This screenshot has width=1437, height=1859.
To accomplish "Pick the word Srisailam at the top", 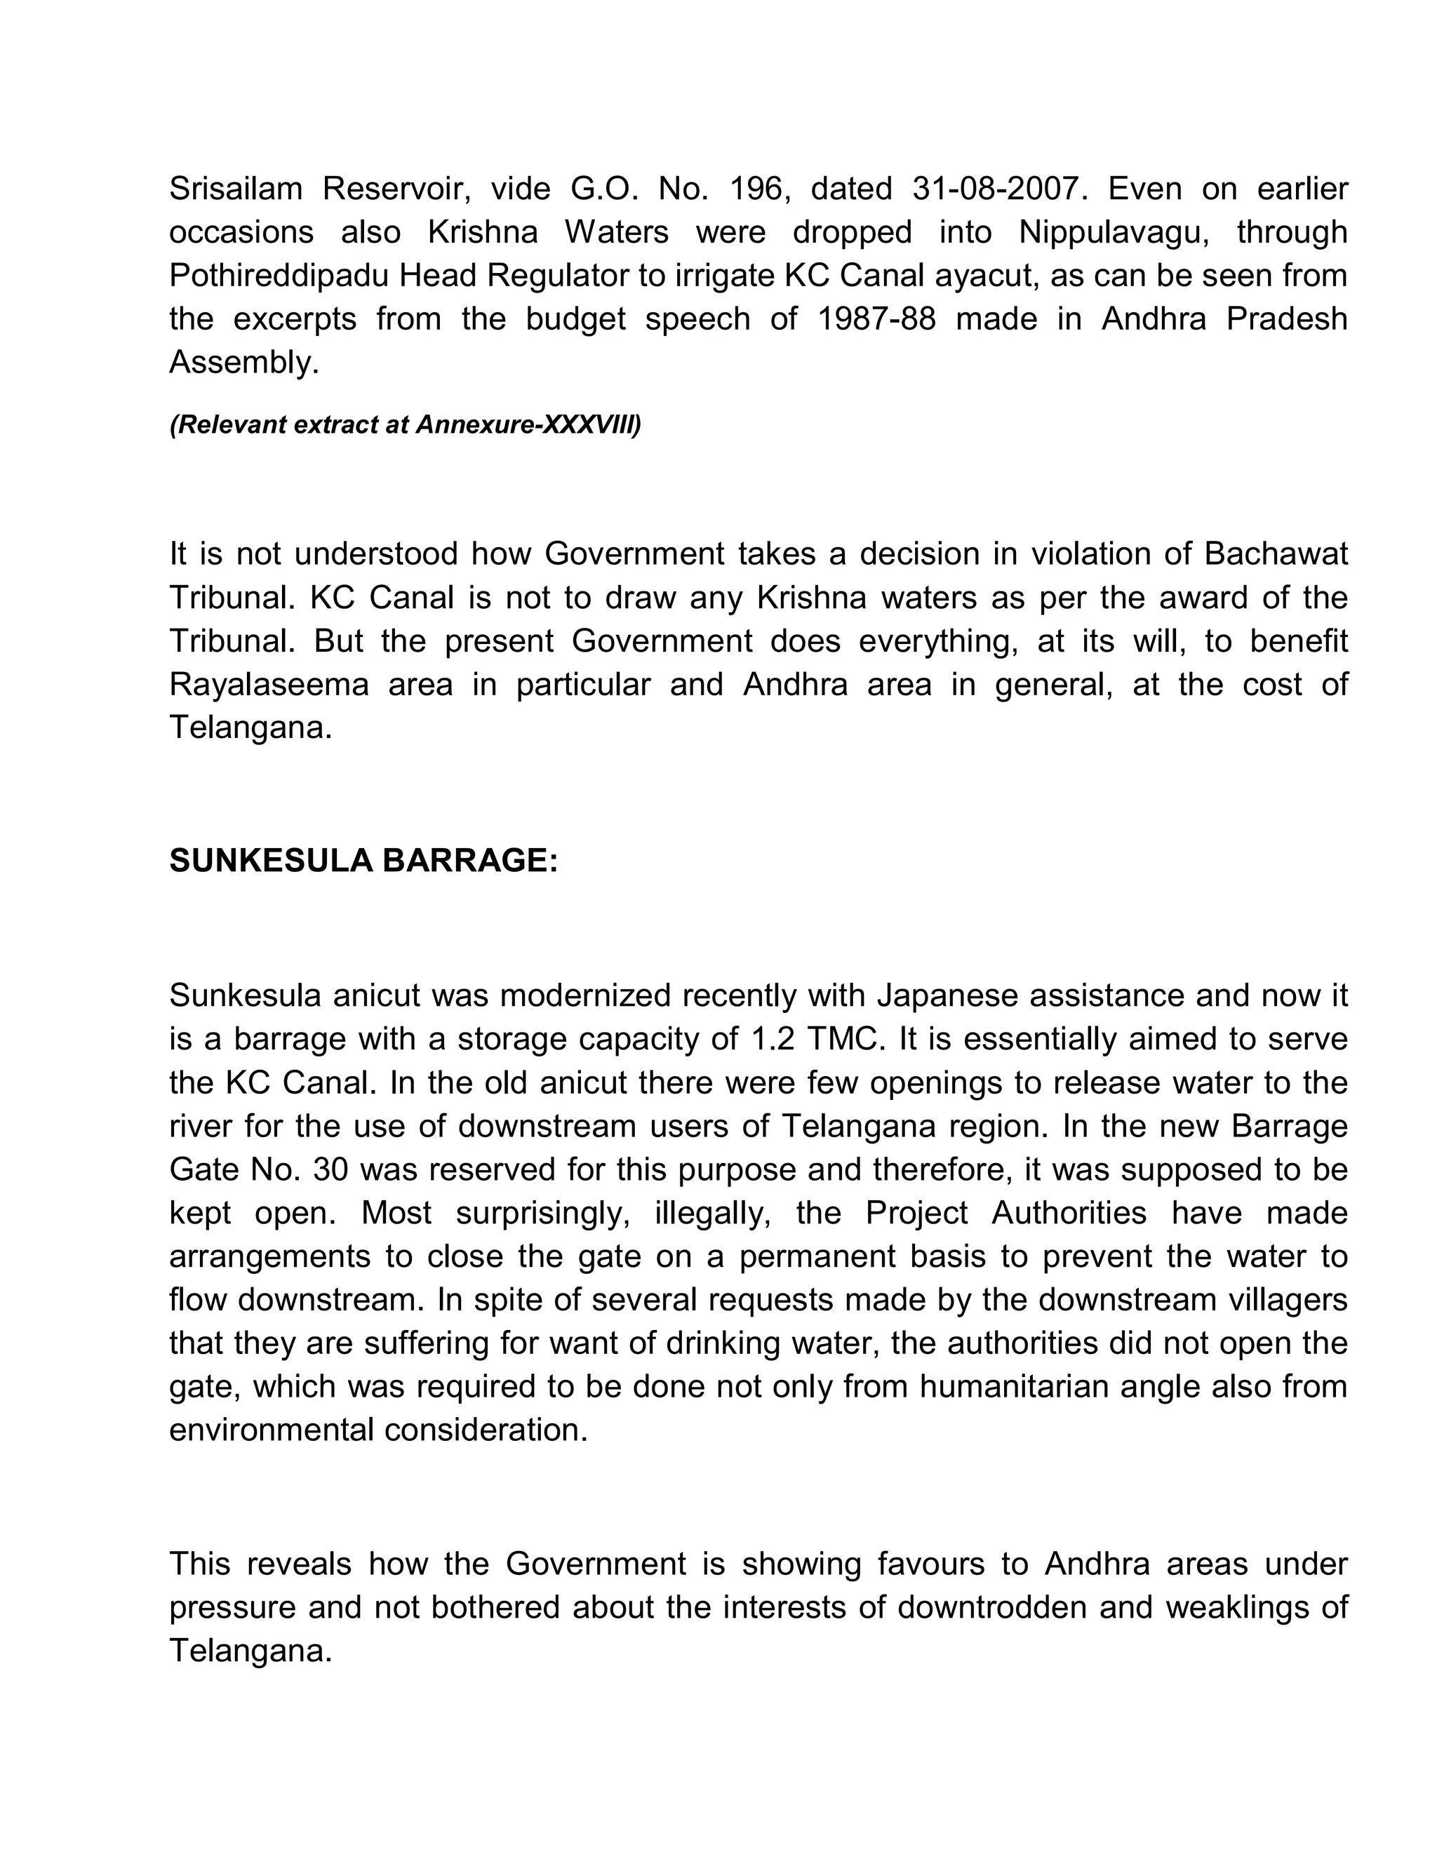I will click(x=236, y=188).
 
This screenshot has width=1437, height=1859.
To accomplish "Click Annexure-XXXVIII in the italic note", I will click(x=528, y=424).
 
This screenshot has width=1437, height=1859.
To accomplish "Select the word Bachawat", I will click(x=1275, y=554).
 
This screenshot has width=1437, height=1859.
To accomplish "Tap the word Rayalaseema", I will click(x=269, y=685).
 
